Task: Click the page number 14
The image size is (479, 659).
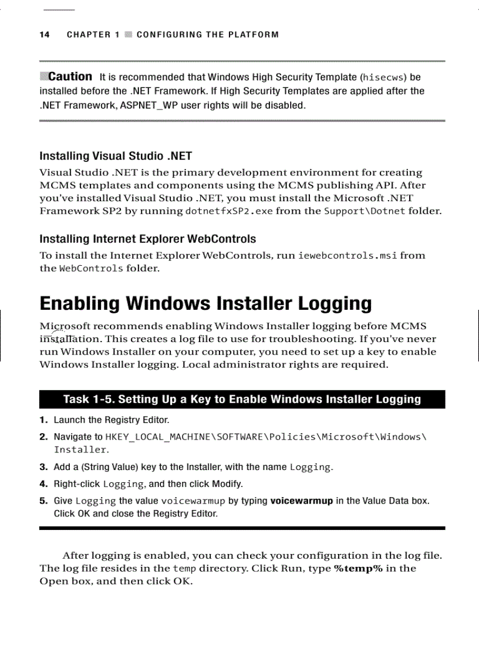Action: click(x=45, y=35)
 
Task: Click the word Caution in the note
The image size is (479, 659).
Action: click(x=70, y=77)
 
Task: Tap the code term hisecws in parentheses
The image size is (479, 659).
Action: click(x=383, y=77)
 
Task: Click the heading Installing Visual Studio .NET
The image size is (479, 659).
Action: click(x=116, y=156)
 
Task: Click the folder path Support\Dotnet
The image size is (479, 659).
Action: click(x=365, y=211)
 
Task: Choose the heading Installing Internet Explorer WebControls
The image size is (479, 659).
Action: click(x=147, y=239)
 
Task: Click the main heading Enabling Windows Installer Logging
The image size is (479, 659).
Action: click(x=205, y=304)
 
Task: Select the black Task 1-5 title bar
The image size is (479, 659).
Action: click(x=242, y=400)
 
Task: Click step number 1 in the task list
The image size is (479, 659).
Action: click(x=43, y=420)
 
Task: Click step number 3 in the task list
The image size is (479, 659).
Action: click(x=43, y=468)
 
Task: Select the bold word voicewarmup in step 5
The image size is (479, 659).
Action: click(x=301, y=501)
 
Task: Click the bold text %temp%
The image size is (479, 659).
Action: click(x=358, y=569)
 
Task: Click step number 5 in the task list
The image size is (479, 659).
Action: click(x=43, y=501)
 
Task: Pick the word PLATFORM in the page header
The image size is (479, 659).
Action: click(x=255, y=35)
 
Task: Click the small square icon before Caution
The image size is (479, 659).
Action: click(x=43, y=76)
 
